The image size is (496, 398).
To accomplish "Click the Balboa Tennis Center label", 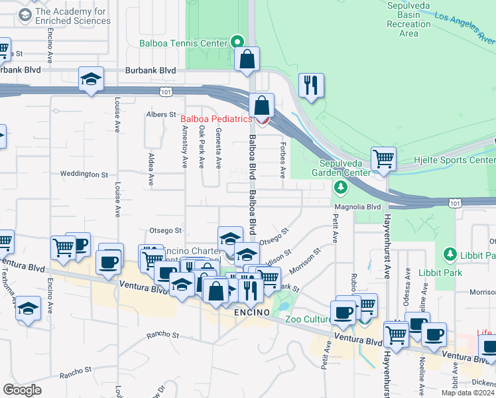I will click(183, 44).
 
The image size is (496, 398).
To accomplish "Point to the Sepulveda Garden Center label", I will click(345, 168).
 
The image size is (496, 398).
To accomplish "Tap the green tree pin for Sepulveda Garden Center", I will click(341, 188).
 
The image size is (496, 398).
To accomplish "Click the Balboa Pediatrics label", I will click(216, 119).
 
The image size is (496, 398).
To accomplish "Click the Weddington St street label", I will click(84, 174).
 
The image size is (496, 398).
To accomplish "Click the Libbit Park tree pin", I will click(450, 255).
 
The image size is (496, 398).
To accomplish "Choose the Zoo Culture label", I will click(308, 319).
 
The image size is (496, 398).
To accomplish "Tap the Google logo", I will click(23, 389).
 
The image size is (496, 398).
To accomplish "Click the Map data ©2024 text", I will click(466, 393).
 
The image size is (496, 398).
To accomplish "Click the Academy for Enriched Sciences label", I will click(73, 16).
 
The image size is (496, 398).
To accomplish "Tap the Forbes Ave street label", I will click(282, 163).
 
